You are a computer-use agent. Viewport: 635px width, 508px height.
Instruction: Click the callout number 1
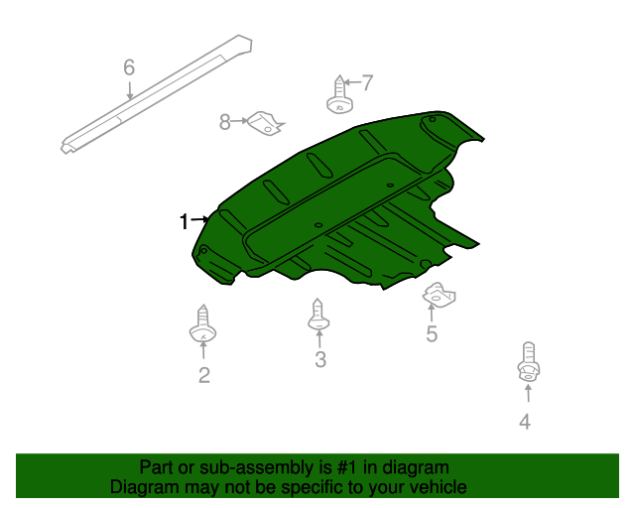[184, 221]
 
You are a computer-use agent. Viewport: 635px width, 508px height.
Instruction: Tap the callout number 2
[204, 375]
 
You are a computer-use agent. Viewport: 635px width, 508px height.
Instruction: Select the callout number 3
[320, 360]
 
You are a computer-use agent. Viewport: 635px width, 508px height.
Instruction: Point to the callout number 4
[525, 422]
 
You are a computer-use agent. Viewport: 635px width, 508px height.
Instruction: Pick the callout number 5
[432, 334]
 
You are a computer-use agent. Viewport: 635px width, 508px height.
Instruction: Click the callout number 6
[129, 67]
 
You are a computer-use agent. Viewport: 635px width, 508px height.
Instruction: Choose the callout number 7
[367, 82]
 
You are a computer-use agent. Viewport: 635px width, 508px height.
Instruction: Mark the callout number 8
[225, 122]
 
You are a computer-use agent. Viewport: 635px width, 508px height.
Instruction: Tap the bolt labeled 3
[318, 316]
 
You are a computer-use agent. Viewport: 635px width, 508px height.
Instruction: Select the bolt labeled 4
[528, 363]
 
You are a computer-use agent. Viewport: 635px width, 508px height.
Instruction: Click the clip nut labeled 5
[439, 295]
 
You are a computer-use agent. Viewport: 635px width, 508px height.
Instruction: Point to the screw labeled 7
[340, 96]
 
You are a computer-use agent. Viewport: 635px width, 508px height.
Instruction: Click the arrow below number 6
[130, 90]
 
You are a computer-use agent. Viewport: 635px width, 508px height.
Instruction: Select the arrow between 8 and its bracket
[239, 122]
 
